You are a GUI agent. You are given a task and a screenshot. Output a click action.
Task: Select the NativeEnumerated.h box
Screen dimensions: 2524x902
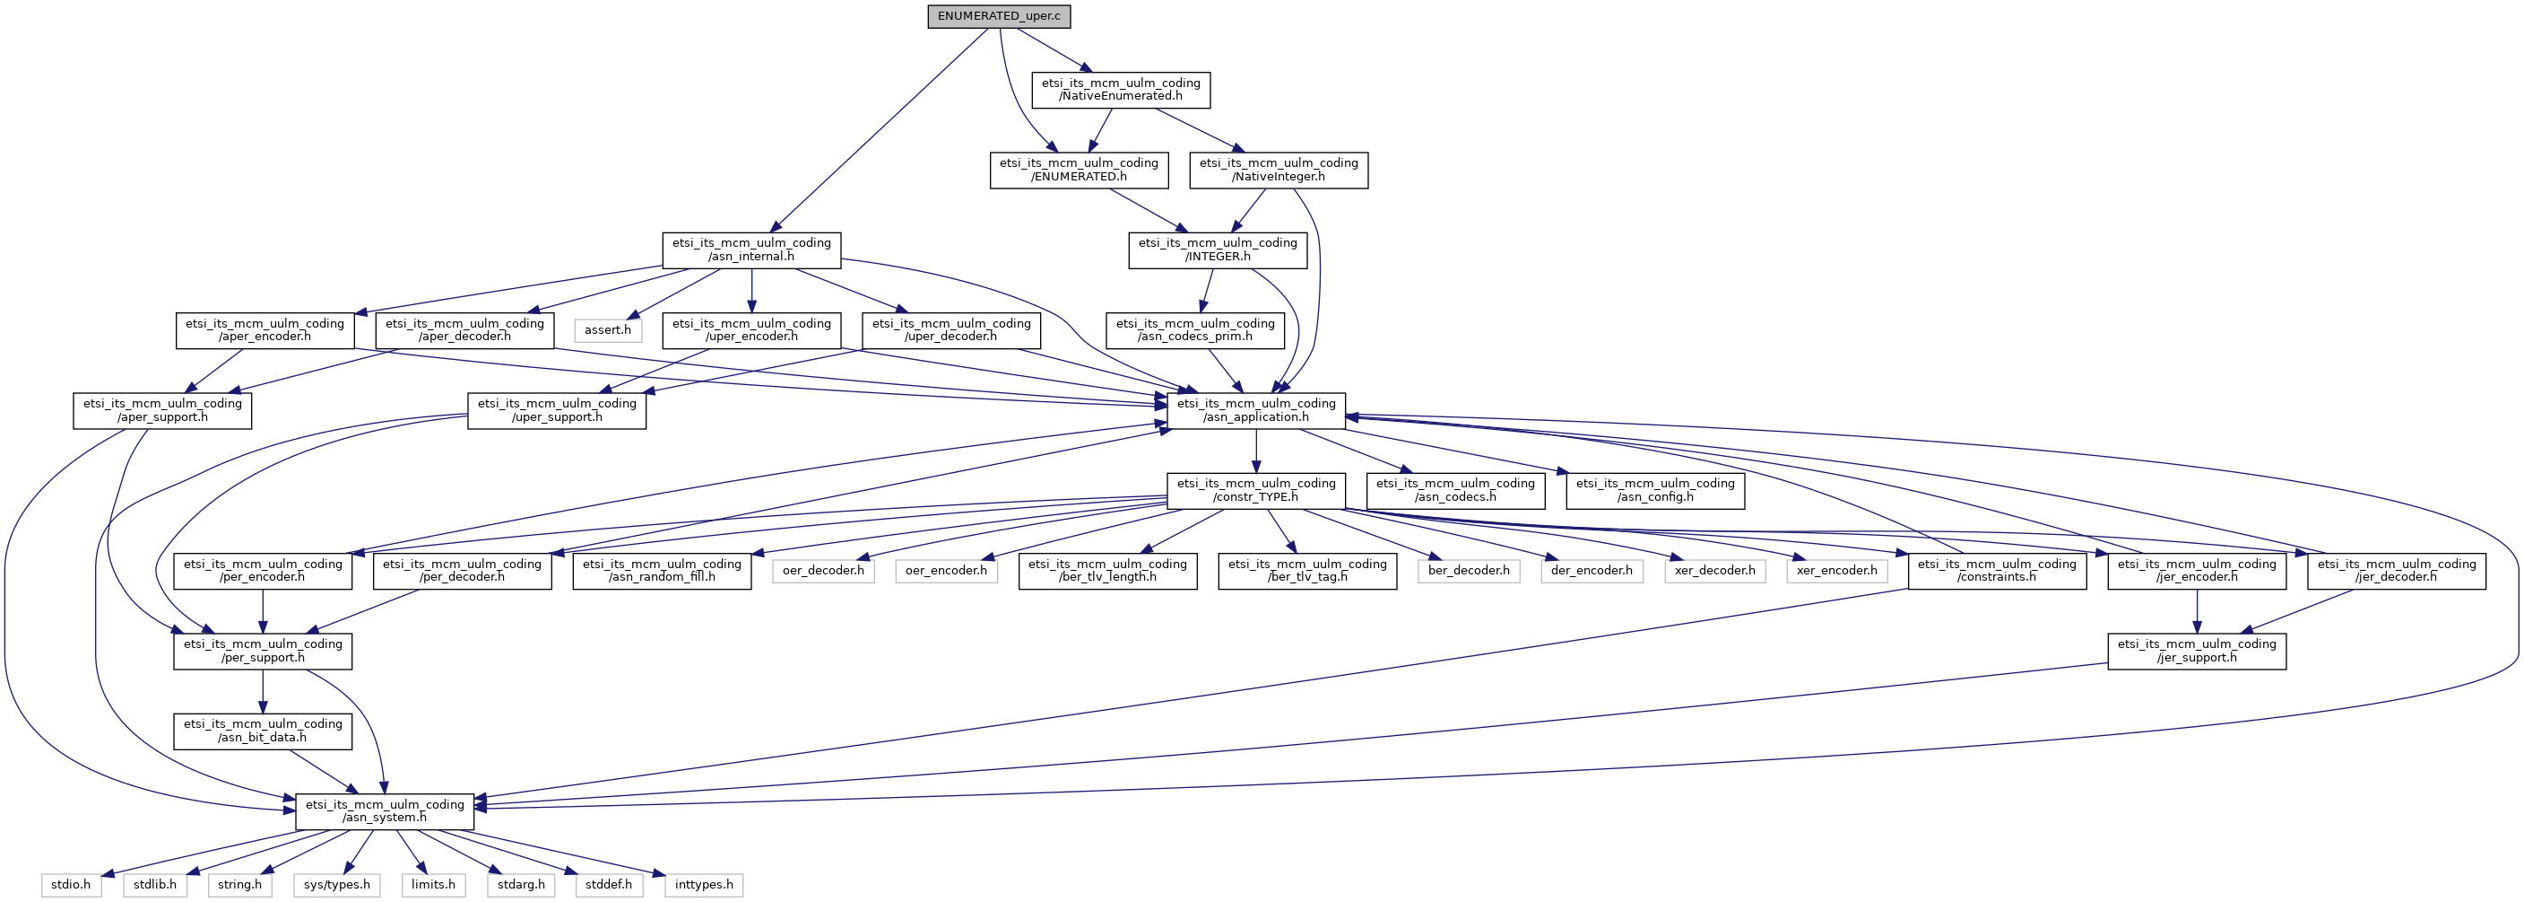click(x=1121, y=89)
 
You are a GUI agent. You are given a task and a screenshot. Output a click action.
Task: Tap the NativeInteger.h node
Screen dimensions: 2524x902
click(x=1279, y=170)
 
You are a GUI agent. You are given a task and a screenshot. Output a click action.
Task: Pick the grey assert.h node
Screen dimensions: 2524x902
click(x=608, y=329)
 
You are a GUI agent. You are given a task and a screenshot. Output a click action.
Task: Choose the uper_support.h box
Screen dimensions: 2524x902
click(x=557, y=410)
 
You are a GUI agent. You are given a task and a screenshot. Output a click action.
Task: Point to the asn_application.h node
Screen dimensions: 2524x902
click(x=1256, y=410)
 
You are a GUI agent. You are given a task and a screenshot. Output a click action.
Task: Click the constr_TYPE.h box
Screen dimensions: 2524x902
click(x=1256, y=490)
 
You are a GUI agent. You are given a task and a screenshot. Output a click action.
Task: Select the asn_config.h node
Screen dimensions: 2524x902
click(x=1655, y=490)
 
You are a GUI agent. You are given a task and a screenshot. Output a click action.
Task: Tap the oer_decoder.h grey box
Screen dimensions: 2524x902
click(x=823, y=571)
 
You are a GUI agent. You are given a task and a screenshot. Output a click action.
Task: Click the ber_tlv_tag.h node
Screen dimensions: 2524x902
click(x=1307, y=571)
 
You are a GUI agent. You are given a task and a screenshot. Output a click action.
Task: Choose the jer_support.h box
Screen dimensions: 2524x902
click(x=2197, y=651)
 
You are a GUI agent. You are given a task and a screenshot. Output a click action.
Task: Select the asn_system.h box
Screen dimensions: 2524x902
click(x=385, y=810)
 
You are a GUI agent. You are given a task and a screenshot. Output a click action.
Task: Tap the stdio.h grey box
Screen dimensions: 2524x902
click(x=71, y=884)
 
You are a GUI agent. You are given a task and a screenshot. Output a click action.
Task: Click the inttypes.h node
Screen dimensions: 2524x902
click(x=704, y=884)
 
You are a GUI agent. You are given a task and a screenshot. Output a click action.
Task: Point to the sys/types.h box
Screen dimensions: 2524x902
click(x=337, y=884)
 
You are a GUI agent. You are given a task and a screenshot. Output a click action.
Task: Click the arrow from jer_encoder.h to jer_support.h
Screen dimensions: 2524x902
click(x=2197, y=612)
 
